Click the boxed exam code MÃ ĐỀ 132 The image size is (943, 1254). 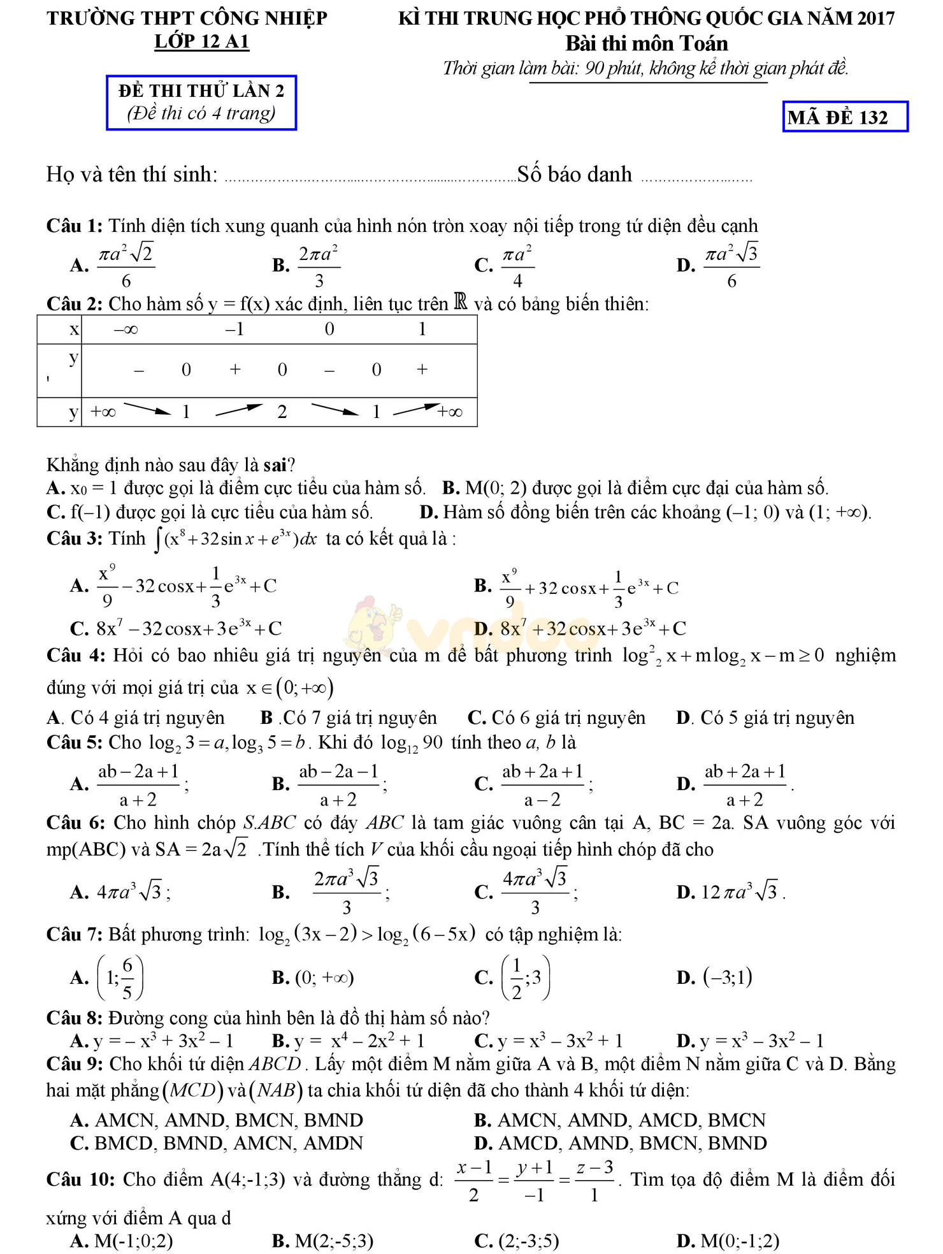coord(844,117)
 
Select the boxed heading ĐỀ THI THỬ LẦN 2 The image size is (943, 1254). coord(201,91)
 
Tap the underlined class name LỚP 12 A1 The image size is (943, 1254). coord(201,42)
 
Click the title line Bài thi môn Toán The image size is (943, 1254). coord(646,44)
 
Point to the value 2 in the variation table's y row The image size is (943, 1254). coord(282,412)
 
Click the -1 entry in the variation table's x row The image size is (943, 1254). coord(234,329)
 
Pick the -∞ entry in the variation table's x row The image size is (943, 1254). coord(126,329)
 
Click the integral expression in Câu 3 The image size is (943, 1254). coord(236,540)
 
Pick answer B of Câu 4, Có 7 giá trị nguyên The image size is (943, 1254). coord(349,718)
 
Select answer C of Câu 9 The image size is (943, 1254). coord(217,1143)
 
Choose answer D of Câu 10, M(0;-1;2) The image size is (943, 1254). coord(729,1241)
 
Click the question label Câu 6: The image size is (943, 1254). coord(75,823)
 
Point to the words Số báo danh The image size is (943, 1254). coord(575,175)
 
